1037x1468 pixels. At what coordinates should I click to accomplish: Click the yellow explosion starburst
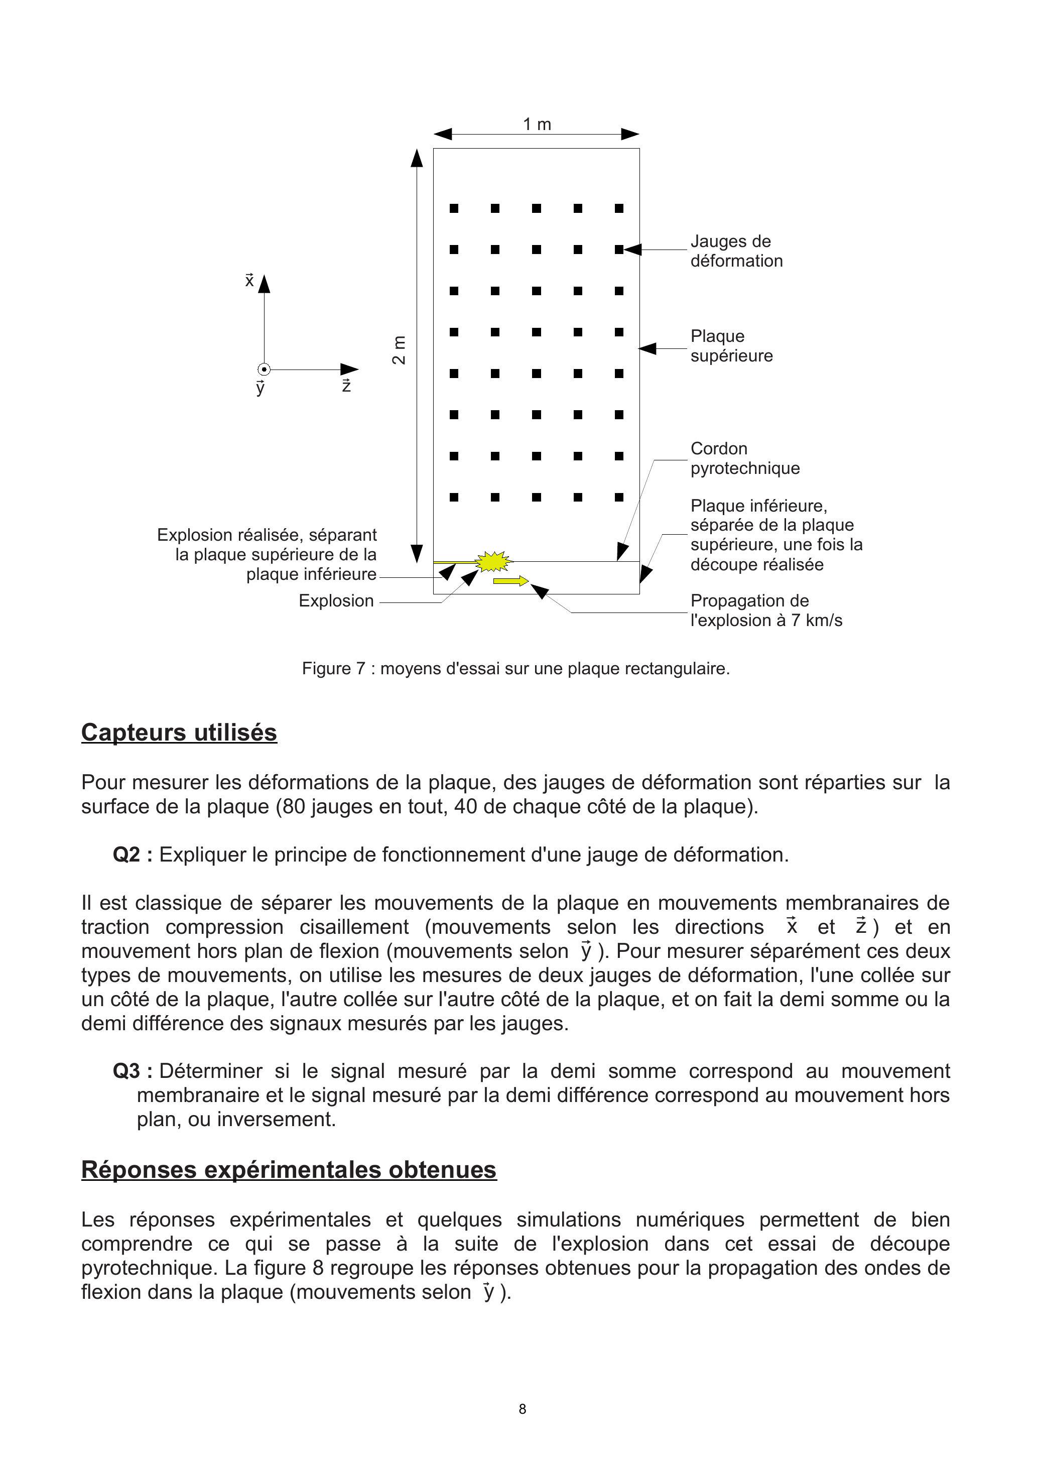tap(494, 561)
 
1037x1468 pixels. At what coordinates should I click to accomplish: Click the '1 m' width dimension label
tap(537, 124)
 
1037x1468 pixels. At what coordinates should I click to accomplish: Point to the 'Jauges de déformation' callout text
tap(736, 251)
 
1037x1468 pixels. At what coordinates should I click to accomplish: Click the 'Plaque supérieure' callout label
tap(731, 346)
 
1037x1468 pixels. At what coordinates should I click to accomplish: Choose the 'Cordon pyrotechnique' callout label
tap(744, 458)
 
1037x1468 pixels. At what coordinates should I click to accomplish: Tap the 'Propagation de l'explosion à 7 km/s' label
tap(765, 610)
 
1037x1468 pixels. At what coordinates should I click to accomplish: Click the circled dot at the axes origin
tap(264, 370)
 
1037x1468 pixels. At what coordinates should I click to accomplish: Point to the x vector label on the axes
tap(249, 280)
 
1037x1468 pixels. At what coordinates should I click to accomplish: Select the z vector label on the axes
tap(346, 385)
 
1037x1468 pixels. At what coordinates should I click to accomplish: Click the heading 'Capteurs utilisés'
tap(179, 732)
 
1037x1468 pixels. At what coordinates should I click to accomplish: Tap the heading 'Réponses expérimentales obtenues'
tap(289, 1169)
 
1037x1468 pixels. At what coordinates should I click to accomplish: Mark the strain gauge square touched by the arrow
tap(619, 250)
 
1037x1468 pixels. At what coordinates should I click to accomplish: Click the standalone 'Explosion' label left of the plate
tap(336, 600)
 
